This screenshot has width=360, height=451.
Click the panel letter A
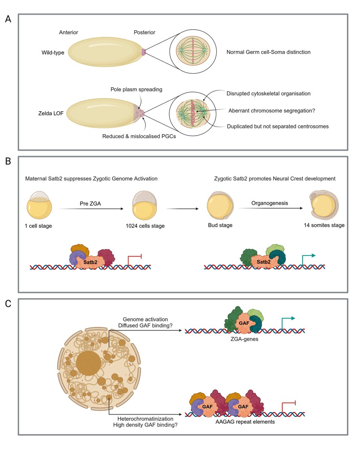[x=8, y=20]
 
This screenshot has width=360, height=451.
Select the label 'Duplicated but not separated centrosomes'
[x=278, y=127]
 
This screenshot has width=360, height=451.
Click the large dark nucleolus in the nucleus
[x=88, y=364]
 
